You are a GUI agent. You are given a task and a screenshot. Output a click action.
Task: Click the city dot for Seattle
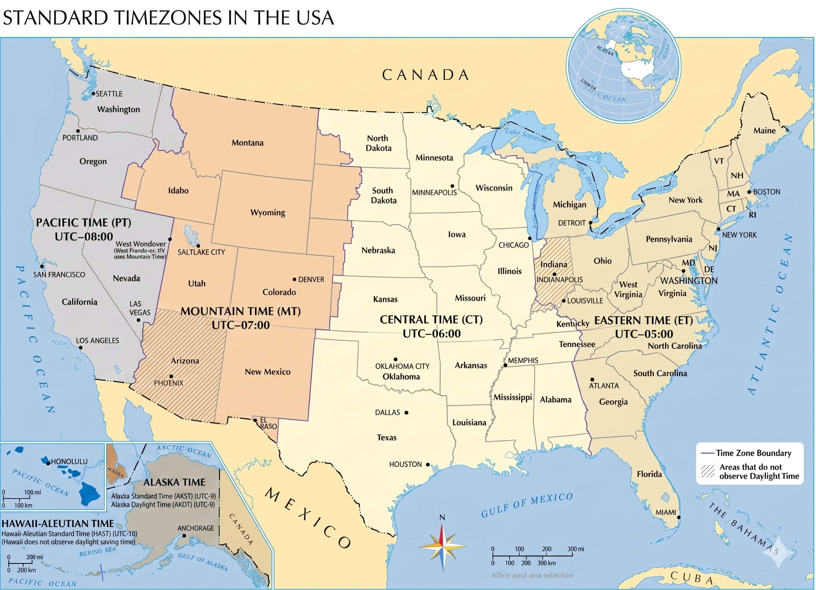pos(93,94)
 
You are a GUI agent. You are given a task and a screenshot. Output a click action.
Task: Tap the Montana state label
pos(247,143)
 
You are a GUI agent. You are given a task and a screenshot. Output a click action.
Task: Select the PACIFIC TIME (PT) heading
pos(84,223)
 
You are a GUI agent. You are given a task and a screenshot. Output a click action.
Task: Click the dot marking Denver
pos(294,279)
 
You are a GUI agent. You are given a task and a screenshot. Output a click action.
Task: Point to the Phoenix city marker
pos(171,377)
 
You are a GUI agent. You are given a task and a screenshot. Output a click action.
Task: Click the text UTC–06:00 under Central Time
pos(431,334)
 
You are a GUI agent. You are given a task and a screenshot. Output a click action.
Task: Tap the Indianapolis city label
pos(559,280)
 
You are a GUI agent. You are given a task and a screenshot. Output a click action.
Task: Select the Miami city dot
pos(679,517)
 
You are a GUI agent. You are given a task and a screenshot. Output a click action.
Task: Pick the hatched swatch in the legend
pos(707,471)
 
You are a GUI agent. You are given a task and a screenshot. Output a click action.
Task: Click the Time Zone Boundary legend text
pos(753,453)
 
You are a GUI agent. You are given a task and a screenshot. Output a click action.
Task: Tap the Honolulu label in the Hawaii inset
pos(69,461)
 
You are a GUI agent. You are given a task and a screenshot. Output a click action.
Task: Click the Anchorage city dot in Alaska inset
pos(184,536)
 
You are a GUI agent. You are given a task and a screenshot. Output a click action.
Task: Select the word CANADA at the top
pos(425,75)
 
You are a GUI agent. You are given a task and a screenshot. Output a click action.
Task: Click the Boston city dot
pos(750,192)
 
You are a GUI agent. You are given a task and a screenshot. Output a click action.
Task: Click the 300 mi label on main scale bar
pos(576,549)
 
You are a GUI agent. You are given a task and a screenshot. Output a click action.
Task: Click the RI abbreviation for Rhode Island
pos(752,215)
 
